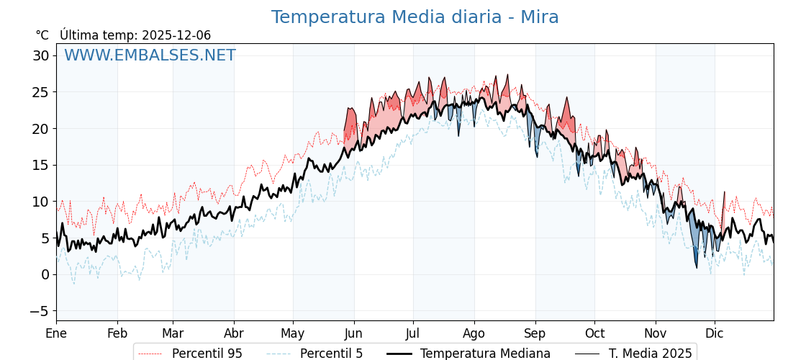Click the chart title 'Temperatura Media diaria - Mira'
click(415, 17)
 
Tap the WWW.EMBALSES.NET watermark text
click(150, 55)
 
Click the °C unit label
click(42, 35)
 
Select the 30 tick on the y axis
click(41, 56)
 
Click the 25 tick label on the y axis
click(41, 92)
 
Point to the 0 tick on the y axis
click(45, 274)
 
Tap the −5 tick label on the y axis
click(40, 311)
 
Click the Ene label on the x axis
click(56, 333)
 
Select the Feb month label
click(117, 333)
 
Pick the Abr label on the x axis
click(234, 333)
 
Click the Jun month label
click(353, 333)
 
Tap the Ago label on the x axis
click(474, 333)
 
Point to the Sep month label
click(535, 333)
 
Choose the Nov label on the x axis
click(656, 333)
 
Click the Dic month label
click(715, 333)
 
